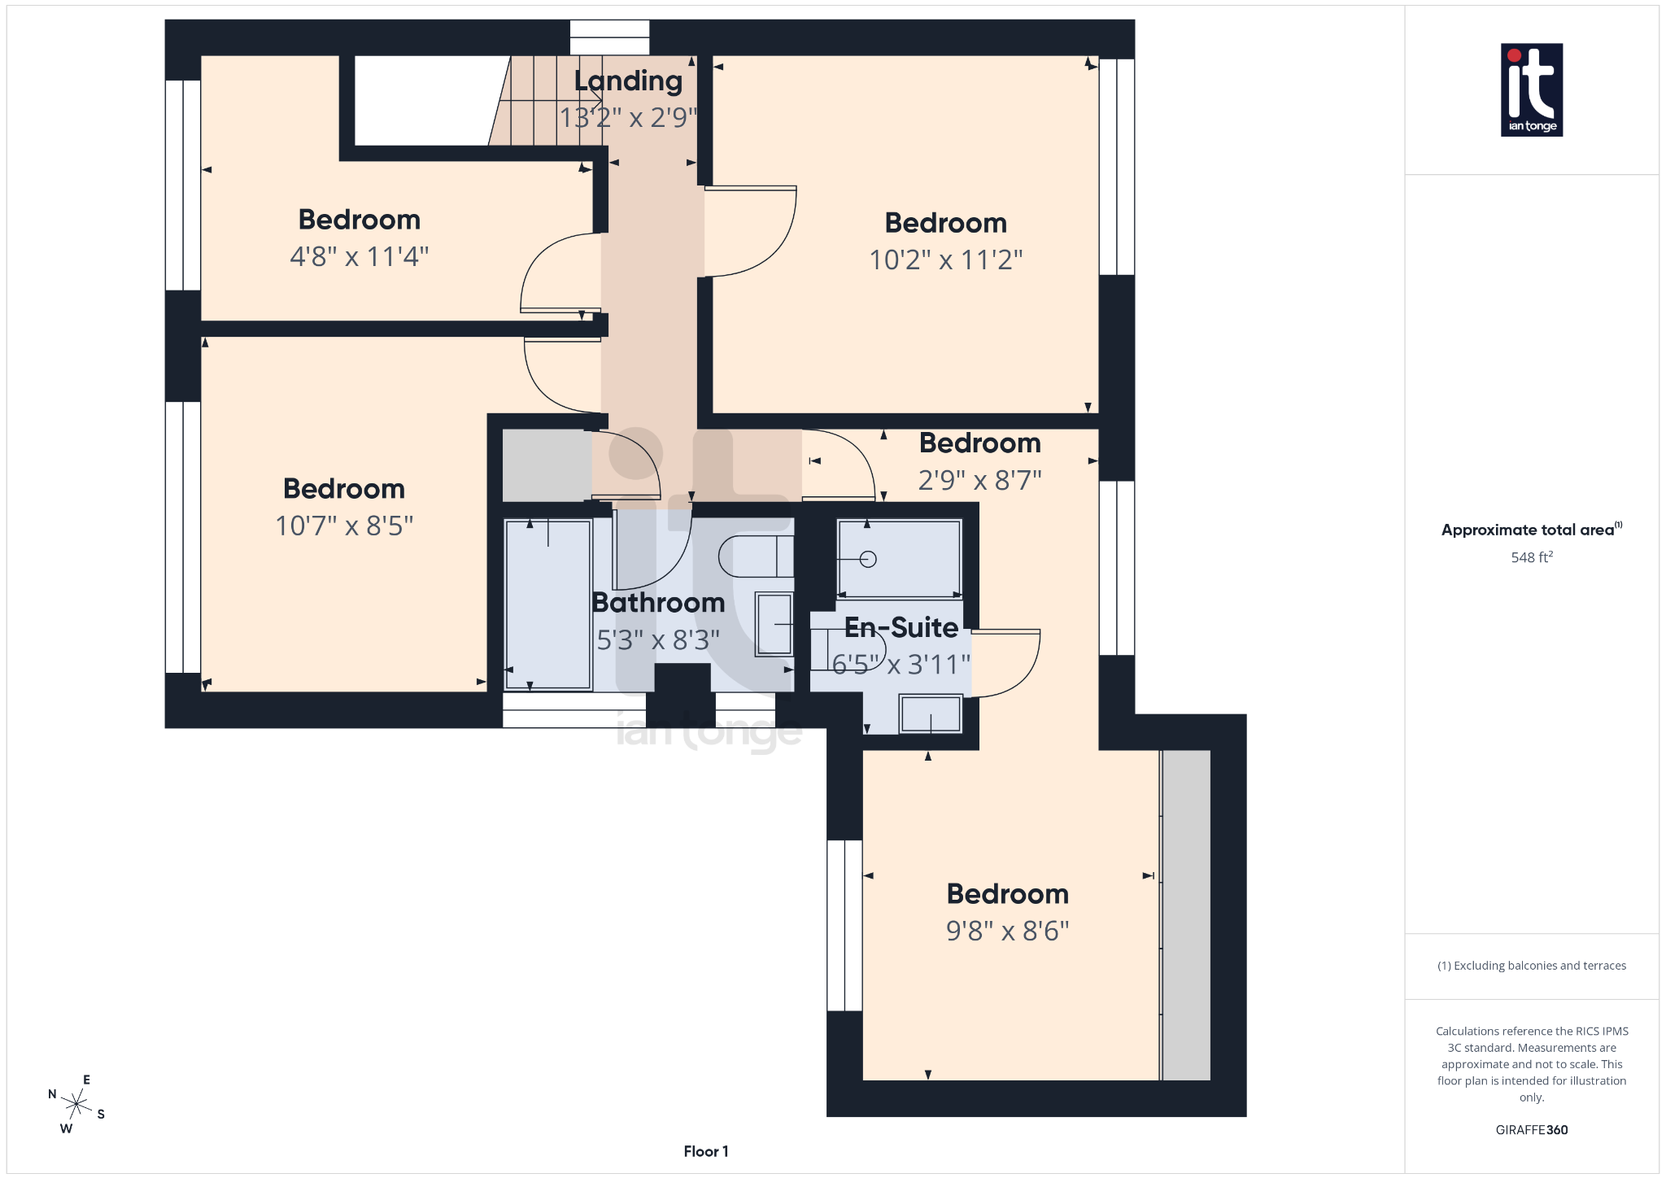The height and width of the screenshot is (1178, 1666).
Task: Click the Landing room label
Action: click(628, 81)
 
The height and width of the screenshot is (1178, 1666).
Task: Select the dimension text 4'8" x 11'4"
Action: click(360, 257)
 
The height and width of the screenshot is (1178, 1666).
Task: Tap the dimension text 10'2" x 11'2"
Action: click(945, 260)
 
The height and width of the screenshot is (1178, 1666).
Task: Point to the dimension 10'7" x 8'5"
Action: click(344, 526)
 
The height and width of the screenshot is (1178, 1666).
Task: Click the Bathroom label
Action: click(658, 603)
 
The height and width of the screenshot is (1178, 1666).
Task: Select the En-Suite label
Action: click(901, 627)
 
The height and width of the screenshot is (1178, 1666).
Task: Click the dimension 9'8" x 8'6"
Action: click(1007, 931)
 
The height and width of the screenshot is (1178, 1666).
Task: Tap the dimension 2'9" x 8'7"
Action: click(979, 481)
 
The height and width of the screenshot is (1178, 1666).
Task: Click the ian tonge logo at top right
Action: click(1531, 89)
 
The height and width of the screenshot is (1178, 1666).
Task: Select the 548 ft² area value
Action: click(1531, 557)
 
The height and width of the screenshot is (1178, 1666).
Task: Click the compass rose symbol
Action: click(76, 1104)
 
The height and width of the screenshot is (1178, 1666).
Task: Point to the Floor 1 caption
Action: click(705, 1151)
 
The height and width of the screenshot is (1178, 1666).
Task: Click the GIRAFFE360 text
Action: click(1531, 1130)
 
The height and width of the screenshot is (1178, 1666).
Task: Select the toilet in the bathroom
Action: click(754, 556)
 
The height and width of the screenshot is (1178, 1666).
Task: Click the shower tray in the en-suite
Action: click(900, 558)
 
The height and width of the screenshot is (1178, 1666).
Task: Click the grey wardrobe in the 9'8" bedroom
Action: click(1186, 915)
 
